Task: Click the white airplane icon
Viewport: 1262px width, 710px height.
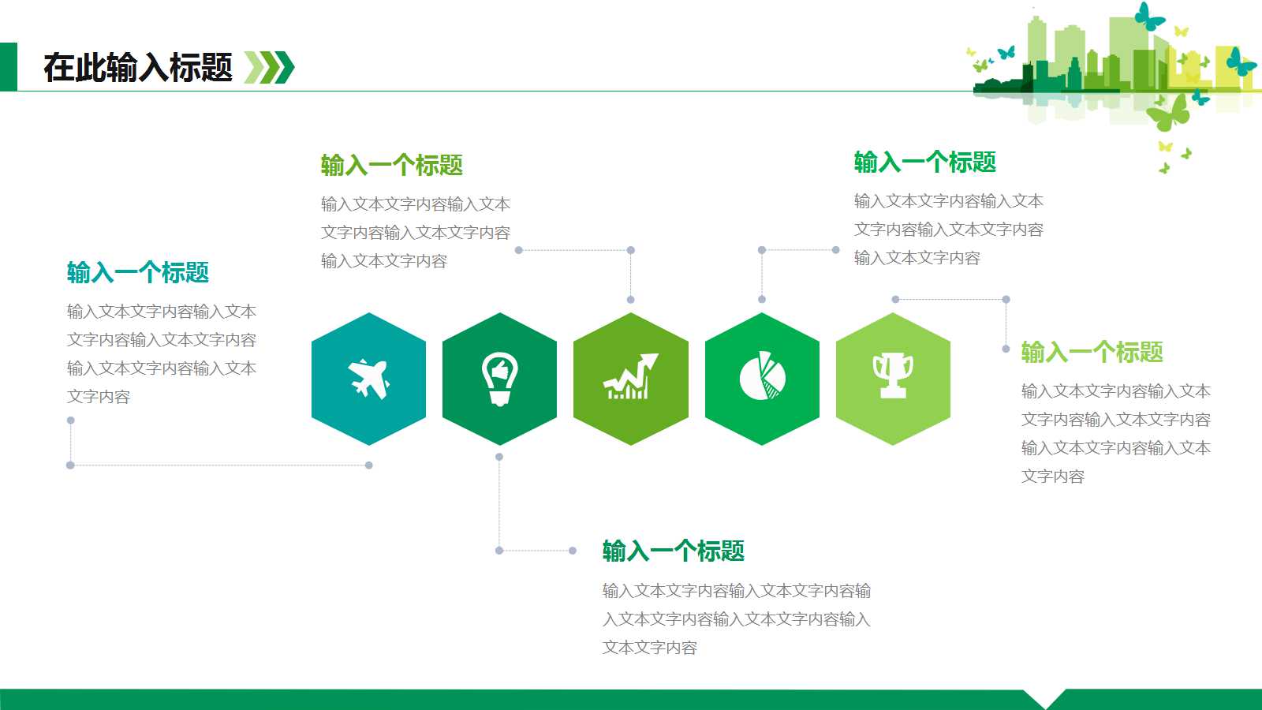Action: (x=369, y=379)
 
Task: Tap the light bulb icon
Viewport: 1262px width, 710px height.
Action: (x=499, y=379)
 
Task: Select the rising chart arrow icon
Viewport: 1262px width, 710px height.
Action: (x=630, y=377)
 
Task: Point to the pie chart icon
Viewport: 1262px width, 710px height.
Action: (x=762, y=376)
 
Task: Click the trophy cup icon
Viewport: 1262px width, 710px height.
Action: (x=893, y=376)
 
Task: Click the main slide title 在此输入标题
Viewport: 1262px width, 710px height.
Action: (x=138, y=68)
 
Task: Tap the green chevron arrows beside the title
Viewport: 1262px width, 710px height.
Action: (x=269, y=68)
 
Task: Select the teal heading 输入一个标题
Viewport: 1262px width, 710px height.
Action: (x=138, y=273)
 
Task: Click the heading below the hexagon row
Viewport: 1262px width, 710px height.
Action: (x=674, y=551)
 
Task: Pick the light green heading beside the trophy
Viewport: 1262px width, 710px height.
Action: (x=1092, y=352)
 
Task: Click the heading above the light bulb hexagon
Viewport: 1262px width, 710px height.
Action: (x=392, y=166)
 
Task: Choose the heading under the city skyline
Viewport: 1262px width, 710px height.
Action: (x=925, y=163)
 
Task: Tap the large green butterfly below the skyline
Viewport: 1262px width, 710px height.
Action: (x=1169, y=113)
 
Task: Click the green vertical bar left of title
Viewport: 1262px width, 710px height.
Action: (x=8, y=67)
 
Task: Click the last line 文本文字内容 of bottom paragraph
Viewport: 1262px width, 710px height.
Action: (x=650, y=648)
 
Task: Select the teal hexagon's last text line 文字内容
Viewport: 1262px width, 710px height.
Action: (x=99, y=397)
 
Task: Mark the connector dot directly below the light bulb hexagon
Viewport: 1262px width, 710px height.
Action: (x=499, y=457)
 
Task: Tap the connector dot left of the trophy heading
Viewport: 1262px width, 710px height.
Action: (x=1006, y=349)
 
